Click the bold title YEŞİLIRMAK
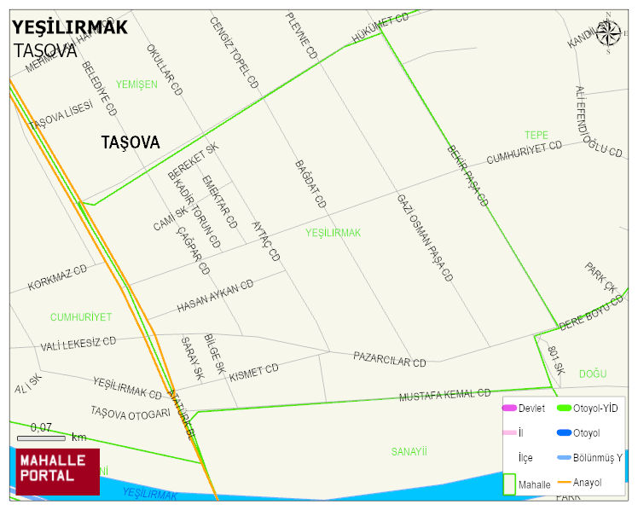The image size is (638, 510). click(70, 27)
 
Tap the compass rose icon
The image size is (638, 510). click(608, 32)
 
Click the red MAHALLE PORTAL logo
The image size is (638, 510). click(57, 471)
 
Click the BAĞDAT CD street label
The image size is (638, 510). click(310, 184)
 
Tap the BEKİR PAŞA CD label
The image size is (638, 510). click(467, 176)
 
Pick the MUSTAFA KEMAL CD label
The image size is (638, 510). click(444, 395)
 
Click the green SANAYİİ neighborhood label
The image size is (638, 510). click(409, 451)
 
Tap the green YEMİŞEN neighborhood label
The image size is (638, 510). click(136, 84)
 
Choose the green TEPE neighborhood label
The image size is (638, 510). click(536, 135)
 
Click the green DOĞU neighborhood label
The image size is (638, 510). click(592, 374)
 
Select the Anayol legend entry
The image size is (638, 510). click(587, 483)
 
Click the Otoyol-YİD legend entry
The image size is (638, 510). click(595, 409)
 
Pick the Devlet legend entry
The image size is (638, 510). click(531, 409)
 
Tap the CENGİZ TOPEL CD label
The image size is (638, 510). click(234, 53)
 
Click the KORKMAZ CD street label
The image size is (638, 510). click(58, 278)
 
